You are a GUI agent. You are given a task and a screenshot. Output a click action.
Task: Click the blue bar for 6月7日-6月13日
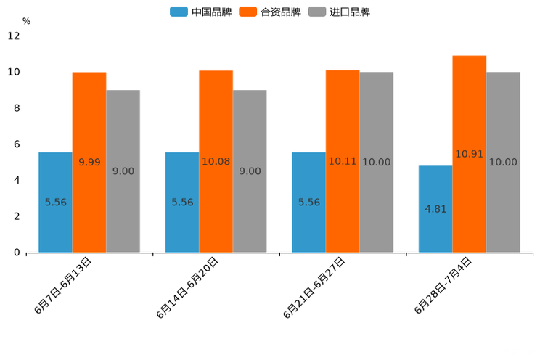pyautogui.click(x=55, y=202)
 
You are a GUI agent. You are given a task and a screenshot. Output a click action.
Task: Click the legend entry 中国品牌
pyautogui.click(x=201, y=12)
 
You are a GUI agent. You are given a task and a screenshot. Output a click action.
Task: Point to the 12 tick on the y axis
pyautogui.click(x=14, y=36)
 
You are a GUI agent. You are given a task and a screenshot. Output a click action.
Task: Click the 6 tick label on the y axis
pyautogui.click(x=17, y=144)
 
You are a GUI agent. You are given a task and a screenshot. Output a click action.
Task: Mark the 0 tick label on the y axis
pyautogui.click(x=17, y=253)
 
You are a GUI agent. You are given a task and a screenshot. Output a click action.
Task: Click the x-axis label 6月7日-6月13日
pyautogui.click(x=63, y=285)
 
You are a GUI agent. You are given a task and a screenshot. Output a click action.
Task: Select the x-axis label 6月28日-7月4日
pyautogui.click(x=443, y=285)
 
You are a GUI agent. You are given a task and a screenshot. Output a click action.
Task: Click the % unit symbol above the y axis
pyautogui.click(x=26, y=21)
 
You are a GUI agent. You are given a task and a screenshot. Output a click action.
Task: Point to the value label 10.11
pyautogui.click(x=343, y=161)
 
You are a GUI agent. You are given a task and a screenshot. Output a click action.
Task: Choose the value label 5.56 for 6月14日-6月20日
pyautogui.click(x=182, y=202)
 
